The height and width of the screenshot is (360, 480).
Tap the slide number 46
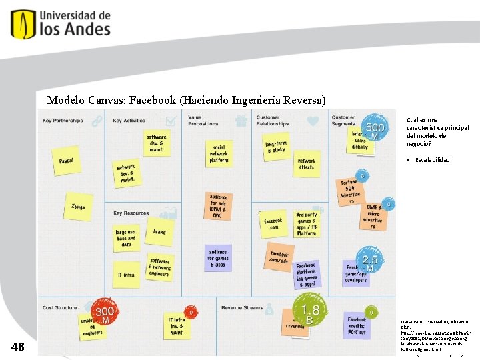point(19,347)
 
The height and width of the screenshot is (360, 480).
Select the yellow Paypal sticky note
point(66,161)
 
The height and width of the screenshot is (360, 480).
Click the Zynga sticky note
point(78,207)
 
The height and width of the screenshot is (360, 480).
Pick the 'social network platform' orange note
point(219,154)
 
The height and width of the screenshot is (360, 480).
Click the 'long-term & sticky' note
point(276,147)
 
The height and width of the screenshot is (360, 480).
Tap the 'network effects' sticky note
point(306,165)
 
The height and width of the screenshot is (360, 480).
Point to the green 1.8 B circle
point(309,311)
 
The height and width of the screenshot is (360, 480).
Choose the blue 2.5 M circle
point(370,261)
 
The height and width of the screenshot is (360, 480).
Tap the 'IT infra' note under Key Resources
point(126,275)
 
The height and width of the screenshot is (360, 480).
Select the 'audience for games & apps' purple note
point(219,257)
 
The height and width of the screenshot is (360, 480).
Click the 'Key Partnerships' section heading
point(63,121)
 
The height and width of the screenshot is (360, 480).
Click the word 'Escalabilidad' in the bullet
point(433,160)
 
